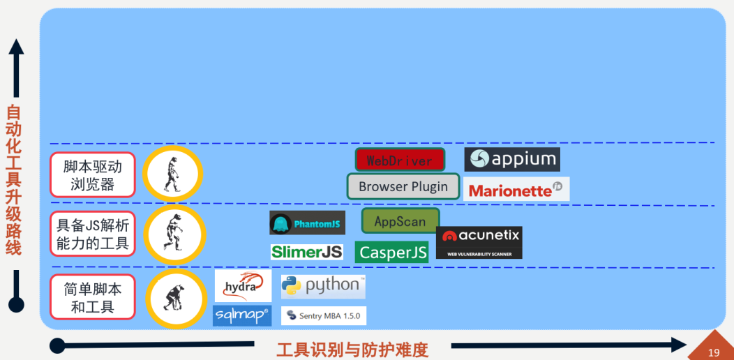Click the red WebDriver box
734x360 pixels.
(x=400, y=160)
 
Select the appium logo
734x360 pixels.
(x=512, y=159)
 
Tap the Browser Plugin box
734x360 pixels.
(x=403, y=186)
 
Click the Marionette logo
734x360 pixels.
(x=516, y=189)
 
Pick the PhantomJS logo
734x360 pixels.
(x=307, y=223)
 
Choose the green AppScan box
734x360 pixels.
(x=400, y=221)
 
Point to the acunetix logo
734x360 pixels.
(x=479, y=241)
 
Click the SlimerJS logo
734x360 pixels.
(x=307, y=252)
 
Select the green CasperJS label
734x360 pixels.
(x=391, y=252)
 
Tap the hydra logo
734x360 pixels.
(x=243, y=286)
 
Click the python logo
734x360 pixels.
(x=323, y=285)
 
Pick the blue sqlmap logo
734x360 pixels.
(x=241, y=315)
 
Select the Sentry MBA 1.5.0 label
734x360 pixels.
(x=323, y=315)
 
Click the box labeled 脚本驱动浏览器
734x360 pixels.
(x=92, y=175)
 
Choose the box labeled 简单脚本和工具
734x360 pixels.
(x=92, y=297)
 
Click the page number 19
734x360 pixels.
(x=713, y=352)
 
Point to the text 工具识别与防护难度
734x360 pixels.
(x=352, y=349)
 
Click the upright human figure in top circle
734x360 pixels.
(x=172, y=174)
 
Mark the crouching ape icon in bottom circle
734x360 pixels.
(x=172, y=297)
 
